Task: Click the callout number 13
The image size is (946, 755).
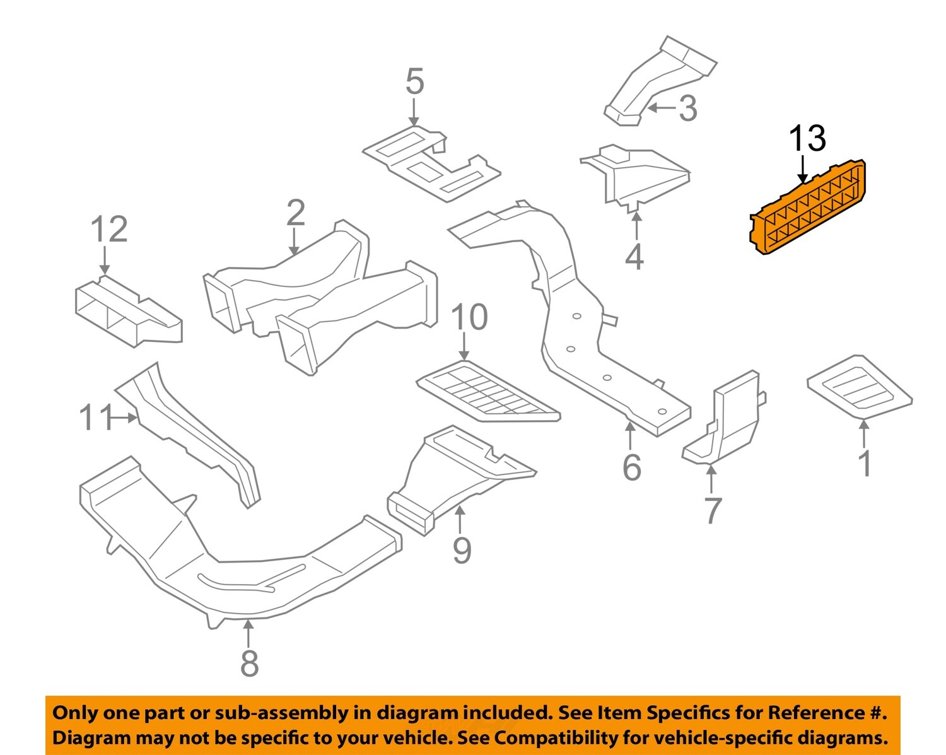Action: pyautogui.click(x=807, y=138)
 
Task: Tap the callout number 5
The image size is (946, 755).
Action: pyautogui.click(x=414, y=83)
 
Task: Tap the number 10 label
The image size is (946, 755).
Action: pyautogui.click(x=469, y=317)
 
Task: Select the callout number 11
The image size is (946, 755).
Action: pyautogui.click(x=95, y=418)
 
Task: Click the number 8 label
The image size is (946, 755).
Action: pyautogui.click(x=250, y=663)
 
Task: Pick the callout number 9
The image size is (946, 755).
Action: pyautogui.click(x=462, y=551)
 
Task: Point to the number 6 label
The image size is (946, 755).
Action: pyautogui.click(x=631, y=467)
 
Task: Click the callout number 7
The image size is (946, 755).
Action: pyautogui.click(x=713, y=510)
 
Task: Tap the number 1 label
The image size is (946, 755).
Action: pyautogui.click(x=865, y=464)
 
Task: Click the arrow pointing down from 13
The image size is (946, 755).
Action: pyautogui.click(x=803, y=170)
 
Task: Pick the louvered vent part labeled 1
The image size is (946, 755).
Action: pyautogui.click(x=859, y=385)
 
